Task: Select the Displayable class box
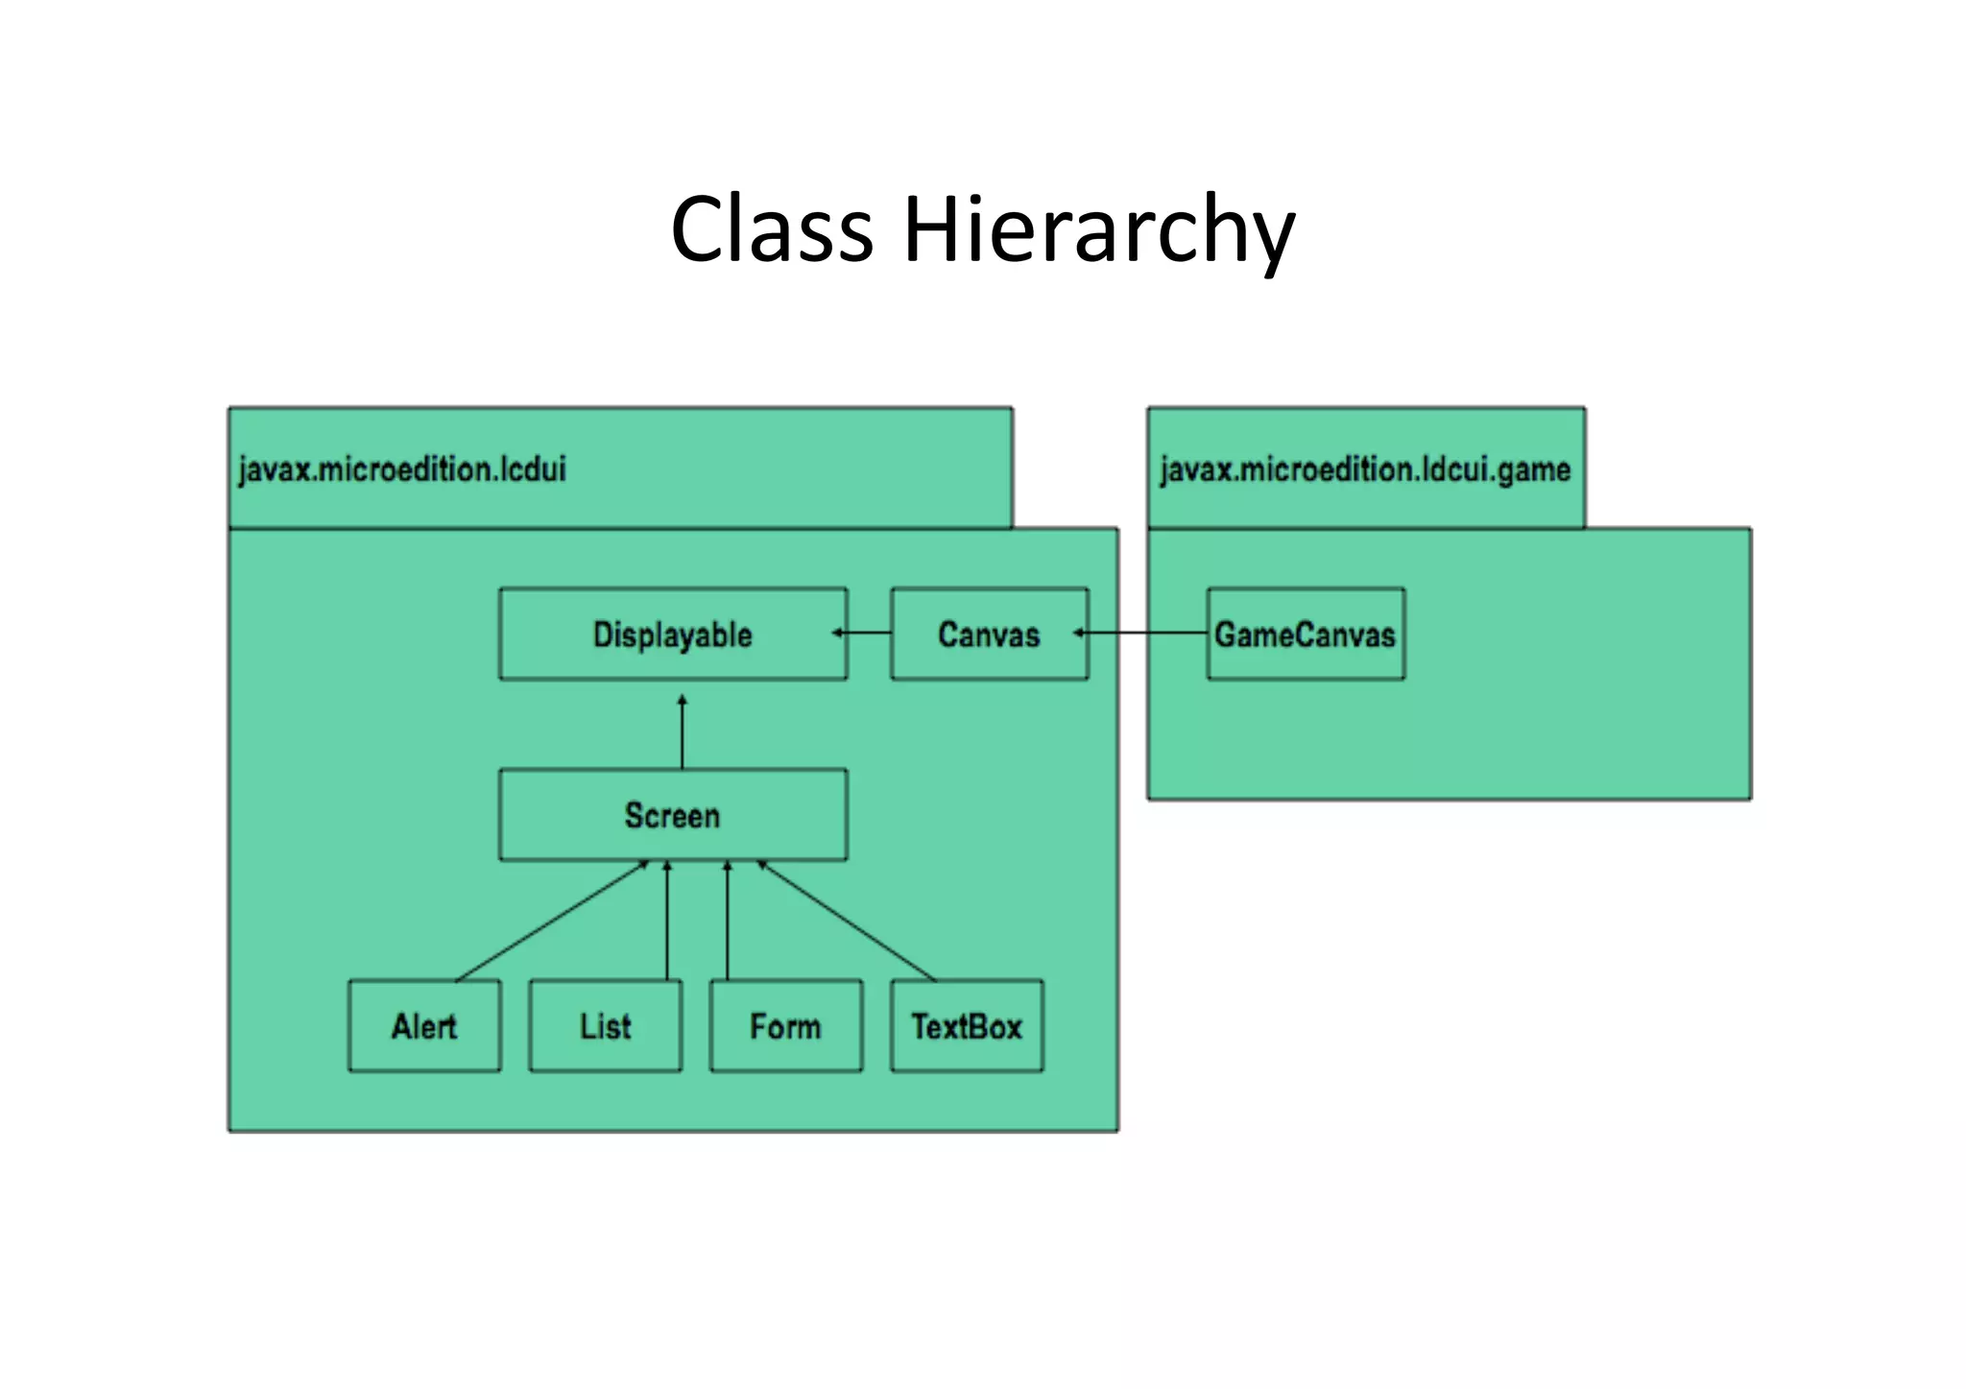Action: pyautogui.click(x=672, y=635)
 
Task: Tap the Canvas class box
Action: pyautogui.click(x=989, y=635)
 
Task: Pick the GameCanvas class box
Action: pyautogui.click(x=1305, y=635)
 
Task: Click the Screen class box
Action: pyautogui.click(x=672, y=815)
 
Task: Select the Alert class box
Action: pyautogui.click(x=423, y=1026)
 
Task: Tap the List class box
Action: pyautogui.click(x=605, y=1026)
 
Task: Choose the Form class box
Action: pyautogui.click(x=785, y=1026)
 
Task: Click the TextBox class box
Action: pyautogui.click(x=966, y=1026)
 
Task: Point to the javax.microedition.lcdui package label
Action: pyautogui.click(x=402, y=469)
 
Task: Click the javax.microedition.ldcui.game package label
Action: pyautogui.click(x=1365, y=469)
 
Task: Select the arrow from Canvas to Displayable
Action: pyautogui.click(x=867, y=633)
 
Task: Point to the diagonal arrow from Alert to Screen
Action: pyautogui.click(x=552, y=921)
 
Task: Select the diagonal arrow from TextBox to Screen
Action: pyautogui.click(x=847, y=921)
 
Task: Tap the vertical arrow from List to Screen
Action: pyautogui.click(x=667, y=922)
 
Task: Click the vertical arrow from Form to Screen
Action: pyautogui.click(x=728, y=922)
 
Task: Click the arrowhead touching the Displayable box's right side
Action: pyautogui.click(x=837, y=633)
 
